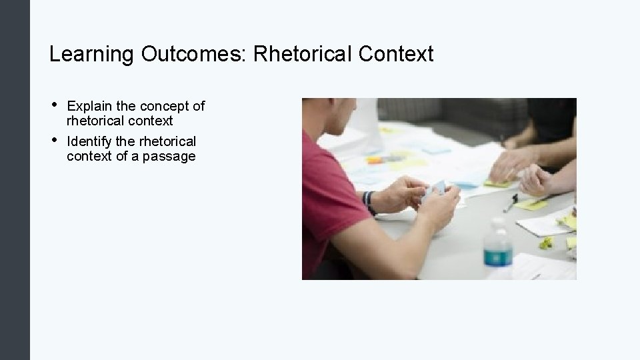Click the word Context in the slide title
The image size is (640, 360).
(x=396, y=54)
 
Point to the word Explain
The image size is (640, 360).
(x=89, y=106)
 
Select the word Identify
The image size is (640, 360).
(x=90, y=141)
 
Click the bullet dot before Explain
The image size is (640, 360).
(x=53, y=104)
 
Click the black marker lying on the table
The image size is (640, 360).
(x=511, y=202)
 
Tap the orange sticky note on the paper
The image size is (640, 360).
(x=375, y=160)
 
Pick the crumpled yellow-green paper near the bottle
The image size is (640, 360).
(x=546, y=243)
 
